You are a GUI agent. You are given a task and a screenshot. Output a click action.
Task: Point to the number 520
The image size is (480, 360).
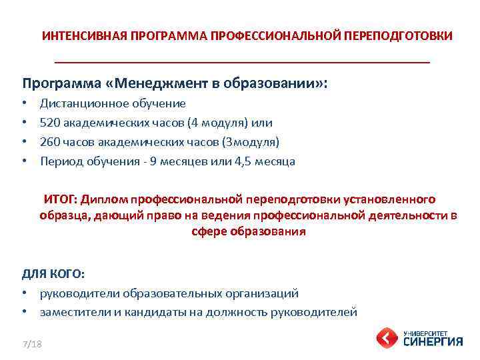pyautogui.click(x=50, y=123)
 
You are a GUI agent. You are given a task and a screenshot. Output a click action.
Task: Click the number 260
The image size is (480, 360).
pyautogui.click(x=50, y=142)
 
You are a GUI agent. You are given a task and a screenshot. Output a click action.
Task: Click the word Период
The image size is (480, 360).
pyautogui.click(x=59, y=161)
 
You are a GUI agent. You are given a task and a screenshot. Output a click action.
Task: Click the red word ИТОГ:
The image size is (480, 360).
pyautogui.click(x=61, y=199)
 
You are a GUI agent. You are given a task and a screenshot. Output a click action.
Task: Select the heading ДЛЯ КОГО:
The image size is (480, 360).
pyautogui.click(x=53, y=273)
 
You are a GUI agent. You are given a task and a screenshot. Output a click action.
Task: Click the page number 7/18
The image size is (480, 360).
pyautogui.click(x=31, y=344)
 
